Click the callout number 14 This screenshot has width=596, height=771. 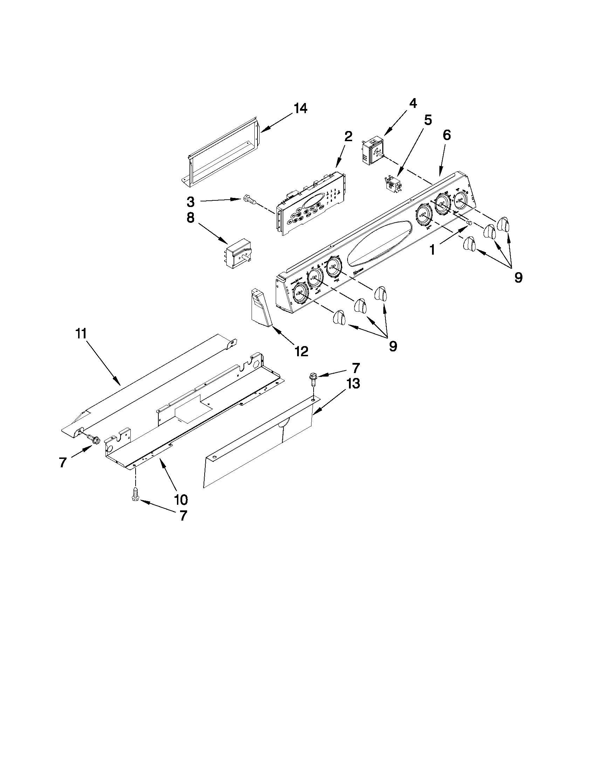(301, 108)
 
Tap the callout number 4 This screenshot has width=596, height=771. (413, 103)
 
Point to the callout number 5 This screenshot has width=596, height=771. (427, 121)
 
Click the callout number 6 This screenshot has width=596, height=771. (447, 135)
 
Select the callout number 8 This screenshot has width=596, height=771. (190, 218)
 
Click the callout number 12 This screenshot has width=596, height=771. (301, 351)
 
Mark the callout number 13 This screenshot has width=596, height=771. (353, 383)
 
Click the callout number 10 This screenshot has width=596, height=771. (180, 499)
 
